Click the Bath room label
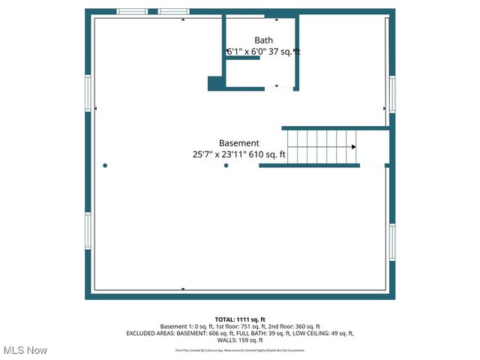coord(263,40)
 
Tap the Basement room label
coord(239,142)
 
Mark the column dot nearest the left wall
coord(105,166)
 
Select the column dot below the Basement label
coord(226,166)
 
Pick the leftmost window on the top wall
coord(132,12)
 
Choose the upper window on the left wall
coord(88,93)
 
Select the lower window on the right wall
coord(391,242)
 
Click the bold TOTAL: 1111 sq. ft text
coord(239,319)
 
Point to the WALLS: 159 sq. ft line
coord(239,340)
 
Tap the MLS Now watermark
coord(25,350)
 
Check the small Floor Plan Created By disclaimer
coord(239,350)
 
